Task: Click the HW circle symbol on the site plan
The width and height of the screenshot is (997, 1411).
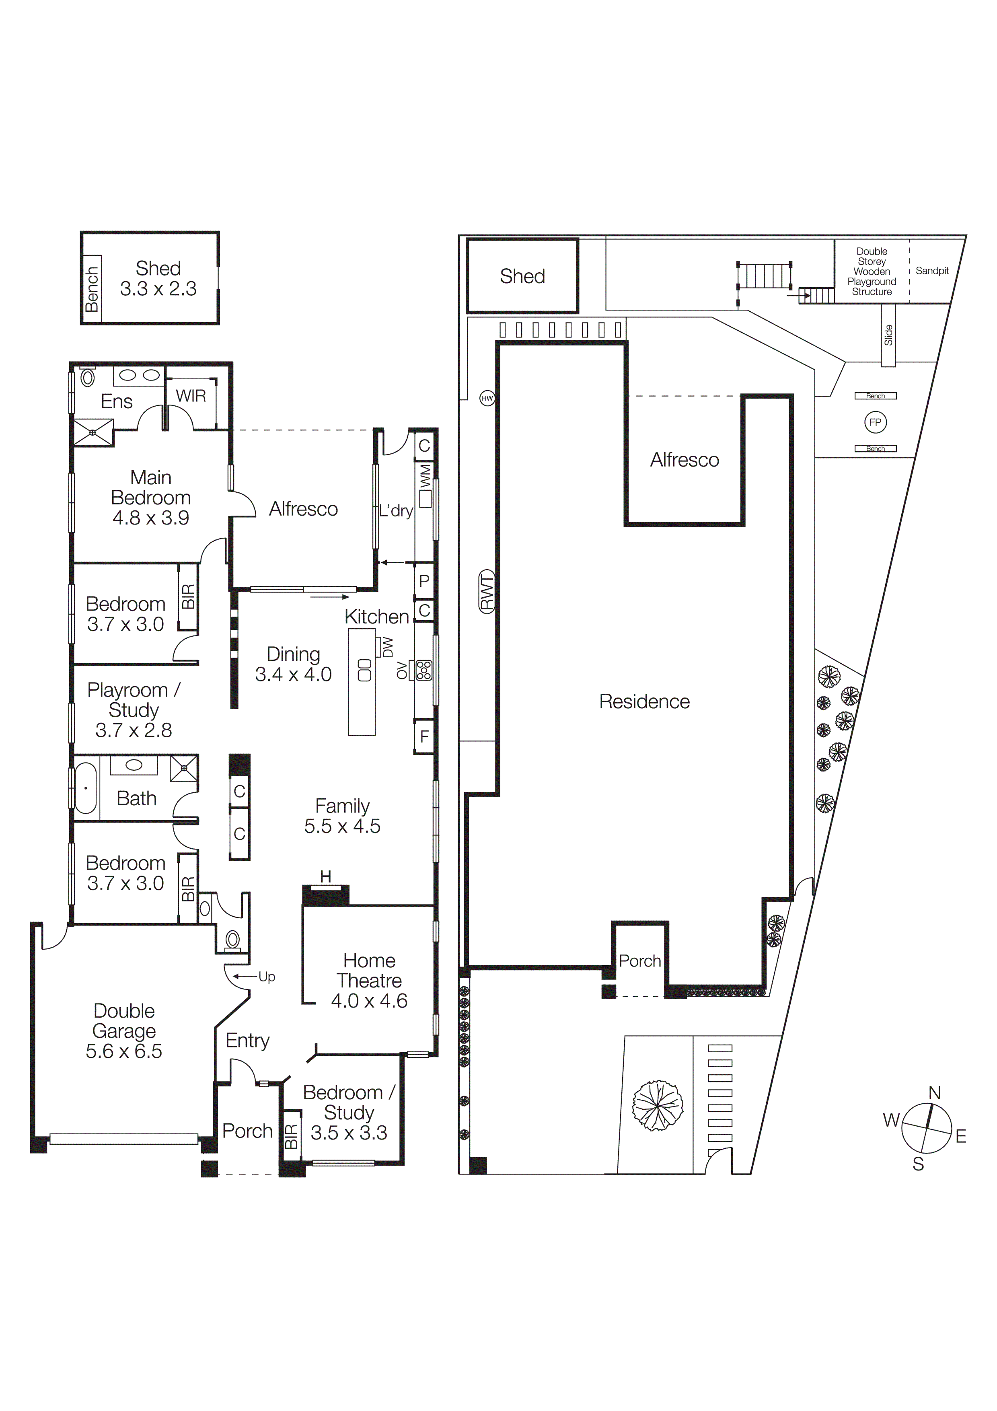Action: point(487,398)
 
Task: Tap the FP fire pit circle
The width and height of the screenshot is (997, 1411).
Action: point(876,422)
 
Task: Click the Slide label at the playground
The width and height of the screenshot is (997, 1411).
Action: point(888,335)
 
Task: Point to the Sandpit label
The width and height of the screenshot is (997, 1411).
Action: point(932,270)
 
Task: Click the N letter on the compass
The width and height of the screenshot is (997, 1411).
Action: point(934,1093)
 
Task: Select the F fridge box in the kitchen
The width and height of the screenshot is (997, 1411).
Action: point(424,736)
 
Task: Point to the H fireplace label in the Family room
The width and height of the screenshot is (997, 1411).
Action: point(326,877)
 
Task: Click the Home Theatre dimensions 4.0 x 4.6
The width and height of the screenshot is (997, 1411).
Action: point(369,1000)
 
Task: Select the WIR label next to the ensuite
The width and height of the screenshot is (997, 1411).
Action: point(191,396)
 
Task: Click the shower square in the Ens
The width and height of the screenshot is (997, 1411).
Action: point(93,433)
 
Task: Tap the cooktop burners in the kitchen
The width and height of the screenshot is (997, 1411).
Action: point(424,670)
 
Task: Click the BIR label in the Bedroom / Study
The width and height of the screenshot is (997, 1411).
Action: point(291,1136)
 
